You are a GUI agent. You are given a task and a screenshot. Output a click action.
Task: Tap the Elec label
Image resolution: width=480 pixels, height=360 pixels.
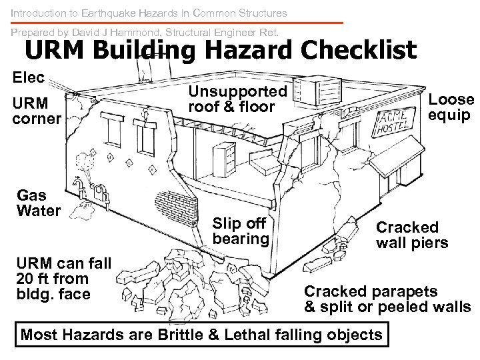pyautogui.click(x=29, y=77)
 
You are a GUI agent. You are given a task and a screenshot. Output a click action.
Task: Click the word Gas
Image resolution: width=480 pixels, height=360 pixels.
pyautogui.click(x=31, y=195)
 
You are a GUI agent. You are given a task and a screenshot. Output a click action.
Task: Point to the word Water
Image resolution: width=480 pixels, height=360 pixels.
pyautogui.click(x=39, y=211)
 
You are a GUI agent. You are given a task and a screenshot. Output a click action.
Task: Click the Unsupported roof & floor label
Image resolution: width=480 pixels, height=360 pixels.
pyautogui.click(x=237, y=98)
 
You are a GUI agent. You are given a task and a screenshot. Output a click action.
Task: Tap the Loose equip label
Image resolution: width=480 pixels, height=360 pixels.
pyautogui.click(x=451, y=107)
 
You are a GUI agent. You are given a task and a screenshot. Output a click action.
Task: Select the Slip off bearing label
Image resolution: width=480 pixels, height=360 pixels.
pyautogui.click(x=241, y=231)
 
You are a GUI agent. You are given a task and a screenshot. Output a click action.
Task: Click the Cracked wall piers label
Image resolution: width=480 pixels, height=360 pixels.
pyautogui.click(x=412, y=235)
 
